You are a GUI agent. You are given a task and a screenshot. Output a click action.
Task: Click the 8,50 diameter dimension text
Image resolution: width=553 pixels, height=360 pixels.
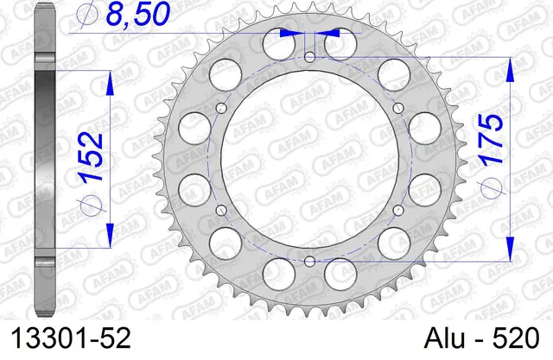pyautogui.click(x=137, y=15)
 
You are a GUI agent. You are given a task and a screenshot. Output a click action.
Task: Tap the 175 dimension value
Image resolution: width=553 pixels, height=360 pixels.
pyautogui.click(x=490, y=140)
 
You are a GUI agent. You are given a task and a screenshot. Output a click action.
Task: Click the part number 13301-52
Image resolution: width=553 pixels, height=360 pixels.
pyautogui.click(x=71, y=338)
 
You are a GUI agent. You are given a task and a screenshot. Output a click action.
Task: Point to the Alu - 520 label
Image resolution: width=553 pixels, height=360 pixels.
pyautogui.click(x=482, y=338)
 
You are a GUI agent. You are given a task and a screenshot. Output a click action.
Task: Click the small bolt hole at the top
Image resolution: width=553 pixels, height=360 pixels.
pyautogui.click(x=309, y=57)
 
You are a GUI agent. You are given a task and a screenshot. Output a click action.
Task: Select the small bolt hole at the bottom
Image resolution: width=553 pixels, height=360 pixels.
pyautogui.click(x=309, y=262)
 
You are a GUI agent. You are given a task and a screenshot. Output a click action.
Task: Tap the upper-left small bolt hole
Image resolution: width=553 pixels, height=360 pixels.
pyautogui.click(x=221, y=108)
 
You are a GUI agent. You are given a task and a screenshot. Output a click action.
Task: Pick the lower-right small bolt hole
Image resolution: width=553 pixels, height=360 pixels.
pyautogui.click(x=398, y=211)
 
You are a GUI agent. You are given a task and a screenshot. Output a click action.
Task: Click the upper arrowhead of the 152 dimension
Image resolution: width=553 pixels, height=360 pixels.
pyautogui.click(x=110, y=83)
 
